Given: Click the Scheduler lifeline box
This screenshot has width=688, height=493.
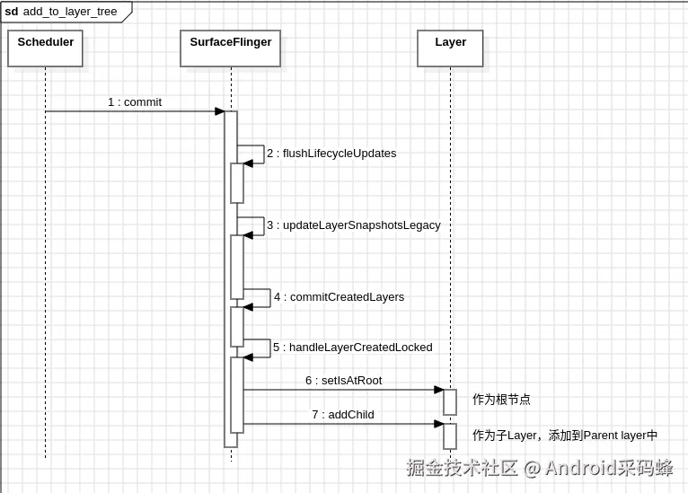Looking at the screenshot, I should pos(45,48).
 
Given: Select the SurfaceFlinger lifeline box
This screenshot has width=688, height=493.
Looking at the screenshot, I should pos(231,48).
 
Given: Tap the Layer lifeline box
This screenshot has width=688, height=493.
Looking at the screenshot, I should pos(450,48).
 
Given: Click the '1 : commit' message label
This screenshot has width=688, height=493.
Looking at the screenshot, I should pos(135,102).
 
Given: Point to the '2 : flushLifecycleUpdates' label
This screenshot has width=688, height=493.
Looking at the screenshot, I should pos(331,154).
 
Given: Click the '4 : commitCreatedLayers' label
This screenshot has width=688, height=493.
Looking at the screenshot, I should pos(340,297).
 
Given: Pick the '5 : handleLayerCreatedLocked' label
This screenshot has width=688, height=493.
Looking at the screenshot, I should pos(353,348).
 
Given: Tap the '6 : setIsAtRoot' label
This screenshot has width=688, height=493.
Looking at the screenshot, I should pos(344,381).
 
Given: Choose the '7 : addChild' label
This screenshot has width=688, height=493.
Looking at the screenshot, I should pos(343,415).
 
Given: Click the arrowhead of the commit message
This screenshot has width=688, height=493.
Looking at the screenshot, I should pos(219,111).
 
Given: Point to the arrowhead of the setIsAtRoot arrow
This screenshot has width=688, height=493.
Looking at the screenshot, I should pos(439,390).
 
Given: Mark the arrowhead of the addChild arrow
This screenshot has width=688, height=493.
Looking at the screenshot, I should pos(439,424).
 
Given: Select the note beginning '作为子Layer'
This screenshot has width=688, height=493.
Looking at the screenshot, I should pos(565,436).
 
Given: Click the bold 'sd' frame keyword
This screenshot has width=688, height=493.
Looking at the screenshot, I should pos(12,12).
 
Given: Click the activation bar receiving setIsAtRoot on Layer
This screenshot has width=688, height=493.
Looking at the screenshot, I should pos(450,401).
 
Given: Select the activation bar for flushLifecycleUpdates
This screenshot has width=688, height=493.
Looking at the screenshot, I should pos(237,183).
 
